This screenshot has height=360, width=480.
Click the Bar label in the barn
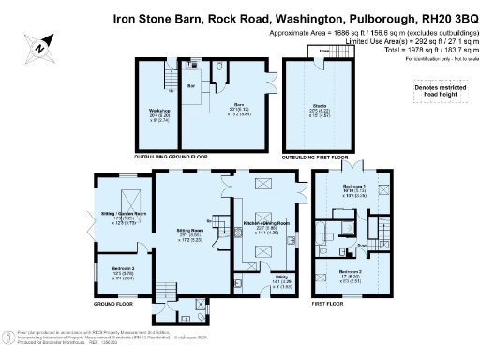190,84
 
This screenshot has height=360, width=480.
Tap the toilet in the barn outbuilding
217,68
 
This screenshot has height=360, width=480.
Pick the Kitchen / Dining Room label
265,223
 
